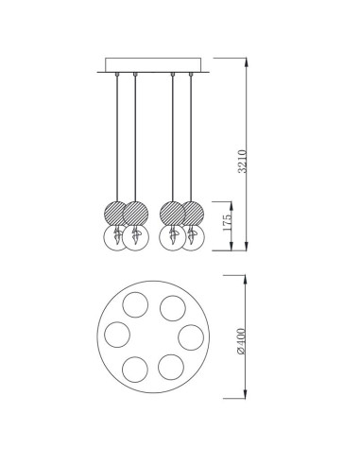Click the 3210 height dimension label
tap(243, 162)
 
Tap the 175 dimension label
tap(227, 222)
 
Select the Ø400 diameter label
tap(241, 341)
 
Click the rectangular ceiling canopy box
tap(153, 65)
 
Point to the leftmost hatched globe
tap(116, 214)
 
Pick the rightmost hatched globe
tap(191, 214)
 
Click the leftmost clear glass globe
tap(116, 238)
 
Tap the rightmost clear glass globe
tap(192, 238)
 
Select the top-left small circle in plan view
tap(135, 304)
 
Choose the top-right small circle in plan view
tap(173, 308)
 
